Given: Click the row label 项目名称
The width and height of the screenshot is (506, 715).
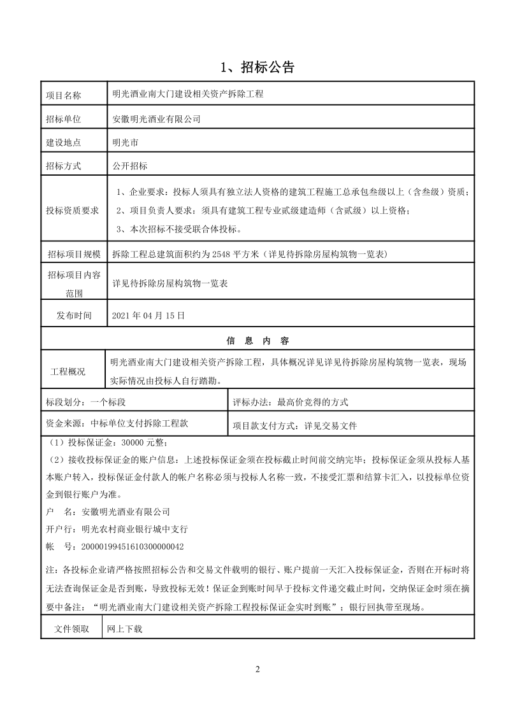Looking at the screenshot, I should coord(64,96).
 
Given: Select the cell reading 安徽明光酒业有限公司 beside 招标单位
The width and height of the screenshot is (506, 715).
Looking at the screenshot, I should coord(156,118).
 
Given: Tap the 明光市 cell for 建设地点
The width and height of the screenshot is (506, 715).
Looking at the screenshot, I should coord(125,143).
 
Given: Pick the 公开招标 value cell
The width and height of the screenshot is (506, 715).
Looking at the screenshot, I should coord(129,166).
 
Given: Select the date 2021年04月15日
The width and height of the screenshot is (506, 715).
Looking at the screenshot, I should coord(148,315).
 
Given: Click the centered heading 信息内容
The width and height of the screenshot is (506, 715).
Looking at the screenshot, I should coord(257,339).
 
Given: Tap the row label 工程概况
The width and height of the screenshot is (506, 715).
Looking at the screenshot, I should coord(68,371).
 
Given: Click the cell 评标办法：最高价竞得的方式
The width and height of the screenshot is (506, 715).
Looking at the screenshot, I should coord(300,402).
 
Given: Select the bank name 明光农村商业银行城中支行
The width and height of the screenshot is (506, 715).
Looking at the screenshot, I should coord(134,528).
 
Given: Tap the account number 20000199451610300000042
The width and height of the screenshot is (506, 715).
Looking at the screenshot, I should coord(130,546).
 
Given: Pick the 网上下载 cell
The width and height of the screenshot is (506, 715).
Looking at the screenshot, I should coord(126,629).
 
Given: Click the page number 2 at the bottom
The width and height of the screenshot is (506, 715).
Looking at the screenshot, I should coord(257,669).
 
